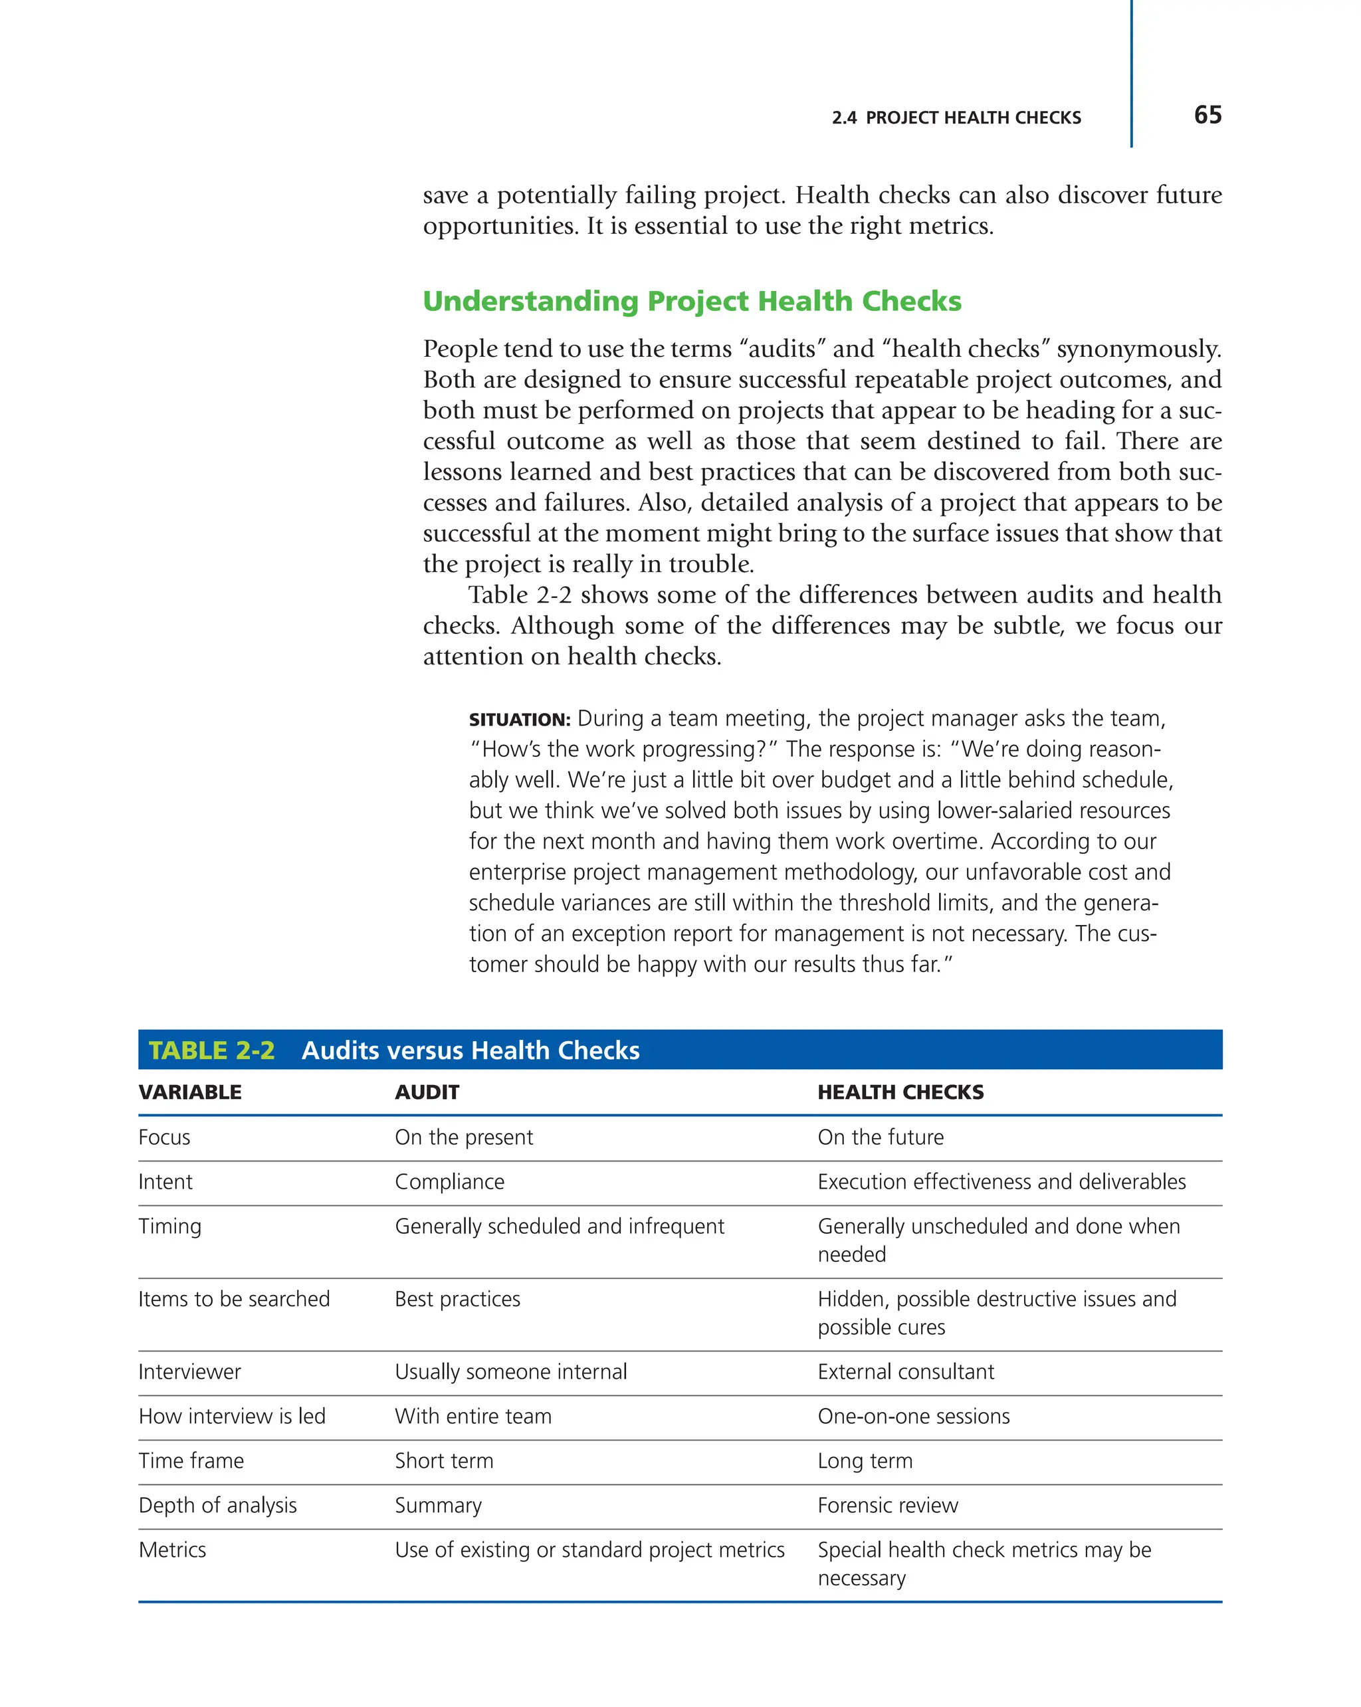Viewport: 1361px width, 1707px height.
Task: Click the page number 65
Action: click(x=1207, y=116)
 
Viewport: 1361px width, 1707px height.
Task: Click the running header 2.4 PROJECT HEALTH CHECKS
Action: click(x=956, y=118)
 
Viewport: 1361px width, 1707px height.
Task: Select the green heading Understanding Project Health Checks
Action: click(x=691, y=301)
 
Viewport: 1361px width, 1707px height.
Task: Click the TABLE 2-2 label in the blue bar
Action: click(x=211, y=1050)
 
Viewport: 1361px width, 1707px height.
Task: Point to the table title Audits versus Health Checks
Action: click(x=471, y=1050)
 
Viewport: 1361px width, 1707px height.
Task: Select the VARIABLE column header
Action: click(x=190, y=1092)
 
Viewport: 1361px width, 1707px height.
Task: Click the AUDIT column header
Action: click(x=427, y=1092)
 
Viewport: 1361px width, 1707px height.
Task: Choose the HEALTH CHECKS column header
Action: click(x=900, y=1092)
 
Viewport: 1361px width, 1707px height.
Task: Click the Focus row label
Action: click(x=164, y=1137)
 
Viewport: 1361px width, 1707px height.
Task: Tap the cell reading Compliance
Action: click(x=449, y=1181)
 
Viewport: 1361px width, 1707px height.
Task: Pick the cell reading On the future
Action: click(x=881, y=1137)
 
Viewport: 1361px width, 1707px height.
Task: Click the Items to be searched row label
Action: click(x=233, y=1298)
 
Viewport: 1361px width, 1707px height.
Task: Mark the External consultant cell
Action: click(x=905, y=1371)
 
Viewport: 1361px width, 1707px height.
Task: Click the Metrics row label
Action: click(x=172, y=1550)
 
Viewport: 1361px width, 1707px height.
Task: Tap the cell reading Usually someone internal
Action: click(x=510, y=1371)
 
